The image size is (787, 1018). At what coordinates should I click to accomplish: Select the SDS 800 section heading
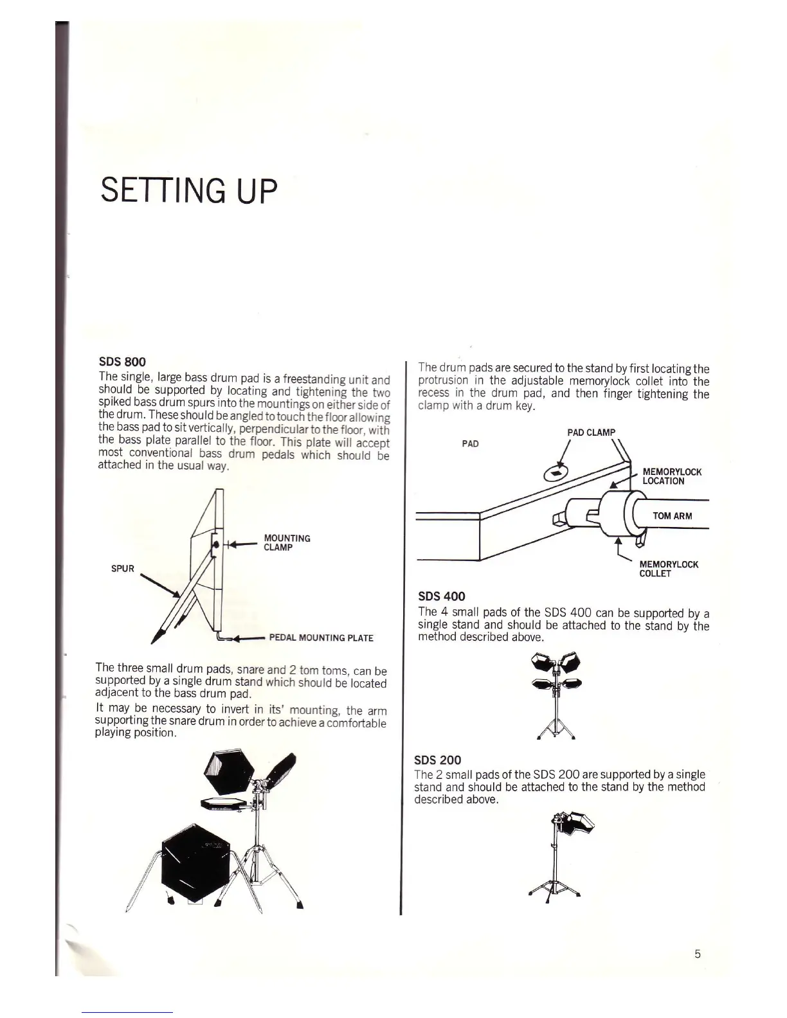point(122,362)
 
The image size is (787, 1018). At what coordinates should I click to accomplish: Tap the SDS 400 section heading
point(441,596)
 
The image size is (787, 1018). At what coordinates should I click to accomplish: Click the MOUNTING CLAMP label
point(287,542)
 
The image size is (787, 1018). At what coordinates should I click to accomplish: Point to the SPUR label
point(123,568)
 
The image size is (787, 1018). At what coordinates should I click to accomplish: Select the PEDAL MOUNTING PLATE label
point(320,638)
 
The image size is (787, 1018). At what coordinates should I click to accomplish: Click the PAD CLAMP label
point(591,432)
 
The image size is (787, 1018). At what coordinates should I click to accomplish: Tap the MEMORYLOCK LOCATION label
point(671,476)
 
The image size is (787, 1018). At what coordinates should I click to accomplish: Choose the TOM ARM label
point(672,515)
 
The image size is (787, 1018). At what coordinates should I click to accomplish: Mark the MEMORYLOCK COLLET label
point(668,569)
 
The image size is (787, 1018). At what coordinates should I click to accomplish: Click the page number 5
point(698,954)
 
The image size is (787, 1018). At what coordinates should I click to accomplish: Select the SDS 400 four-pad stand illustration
point(556,694)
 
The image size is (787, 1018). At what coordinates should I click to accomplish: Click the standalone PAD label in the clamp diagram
point(470,443)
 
